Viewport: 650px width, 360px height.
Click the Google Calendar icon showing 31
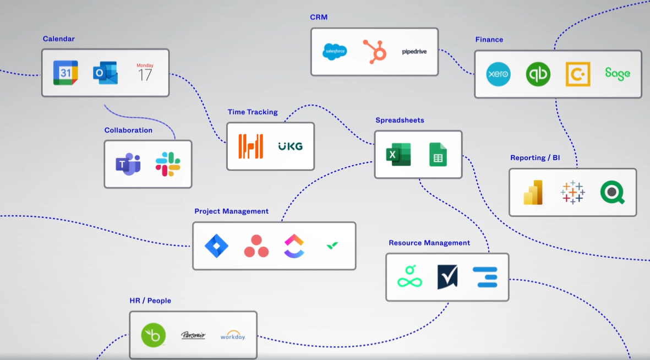point(65,73)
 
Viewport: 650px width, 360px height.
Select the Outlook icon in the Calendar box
point(105,73)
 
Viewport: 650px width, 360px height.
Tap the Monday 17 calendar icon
point(145,73)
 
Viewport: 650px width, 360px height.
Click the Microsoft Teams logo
point(128,164)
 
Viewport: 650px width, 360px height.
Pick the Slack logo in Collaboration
point(168,164)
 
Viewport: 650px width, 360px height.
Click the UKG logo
point(290,146)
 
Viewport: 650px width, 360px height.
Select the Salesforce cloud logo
point(335,52)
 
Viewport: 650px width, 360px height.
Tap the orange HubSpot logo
point(374,52)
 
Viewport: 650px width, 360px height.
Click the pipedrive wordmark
point(414,52)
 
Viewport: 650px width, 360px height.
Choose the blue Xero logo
point(498,74)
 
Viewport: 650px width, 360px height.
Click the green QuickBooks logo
point(538,74)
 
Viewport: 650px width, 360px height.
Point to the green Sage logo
point(617,74)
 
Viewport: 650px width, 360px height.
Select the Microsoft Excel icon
point(398,155)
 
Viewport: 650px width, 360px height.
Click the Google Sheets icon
point(438,155)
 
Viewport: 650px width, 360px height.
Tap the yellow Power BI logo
point(533,193)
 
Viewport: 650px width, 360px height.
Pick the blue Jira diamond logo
point(216,246)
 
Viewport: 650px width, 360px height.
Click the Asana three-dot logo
point(256,246)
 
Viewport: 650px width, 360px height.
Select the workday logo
point(232,335)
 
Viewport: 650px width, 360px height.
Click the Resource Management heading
point(429,243)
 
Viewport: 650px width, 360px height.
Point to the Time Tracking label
point(253,112)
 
